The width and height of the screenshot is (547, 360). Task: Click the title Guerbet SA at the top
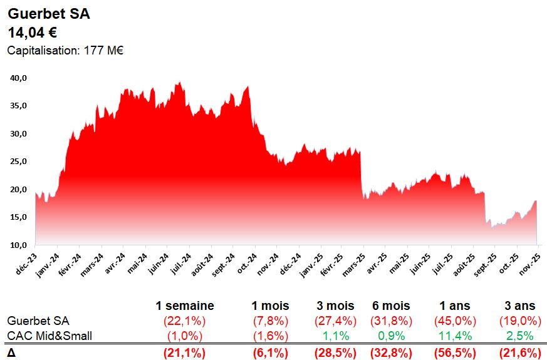(x=49, y=14)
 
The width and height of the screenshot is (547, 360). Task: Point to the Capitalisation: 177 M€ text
(x=65, y=51)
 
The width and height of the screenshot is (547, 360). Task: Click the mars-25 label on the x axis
(x=355, y=263)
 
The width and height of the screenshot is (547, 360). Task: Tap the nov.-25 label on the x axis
(x=531, y=263)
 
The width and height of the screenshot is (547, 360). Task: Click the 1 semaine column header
(x=185, y=306)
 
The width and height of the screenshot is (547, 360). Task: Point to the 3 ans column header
(x=520, y=306)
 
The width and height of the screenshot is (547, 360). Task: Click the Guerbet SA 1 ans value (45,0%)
(x=455, y=321)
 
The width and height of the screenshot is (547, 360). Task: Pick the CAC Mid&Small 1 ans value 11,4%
(x=455, y=336)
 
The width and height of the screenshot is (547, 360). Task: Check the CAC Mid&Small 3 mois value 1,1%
(x=336, y=336)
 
